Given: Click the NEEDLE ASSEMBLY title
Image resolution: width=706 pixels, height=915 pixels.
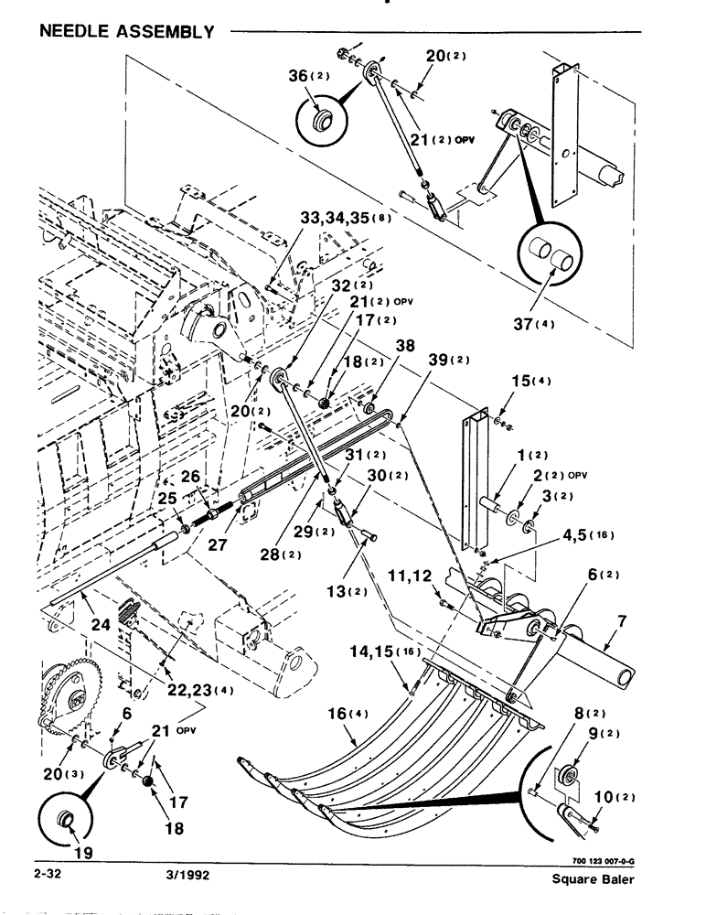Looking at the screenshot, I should point(126,32).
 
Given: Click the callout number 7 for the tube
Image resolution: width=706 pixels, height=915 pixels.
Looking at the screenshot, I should point(621,621).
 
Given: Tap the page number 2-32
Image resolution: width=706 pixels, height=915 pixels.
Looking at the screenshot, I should point(48,874).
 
